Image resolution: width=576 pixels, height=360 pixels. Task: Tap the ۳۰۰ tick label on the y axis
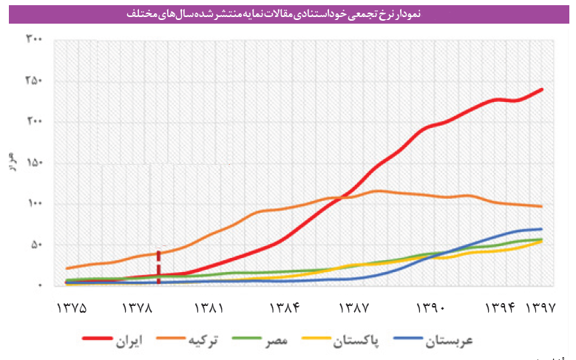coord(34,38)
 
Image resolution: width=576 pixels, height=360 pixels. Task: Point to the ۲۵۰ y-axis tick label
coord(34,80)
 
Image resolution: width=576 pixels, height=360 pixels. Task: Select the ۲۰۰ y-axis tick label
coord(34,121)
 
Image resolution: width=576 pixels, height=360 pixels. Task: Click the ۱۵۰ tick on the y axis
coord(34,163)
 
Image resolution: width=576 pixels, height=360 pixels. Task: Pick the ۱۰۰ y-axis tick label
coord(34,203)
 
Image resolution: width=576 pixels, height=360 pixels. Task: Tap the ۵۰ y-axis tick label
coord(37,245)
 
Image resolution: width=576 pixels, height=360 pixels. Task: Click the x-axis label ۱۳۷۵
coord(71,306)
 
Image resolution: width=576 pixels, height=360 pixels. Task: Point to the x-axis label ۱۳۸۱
coord(209,306)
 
